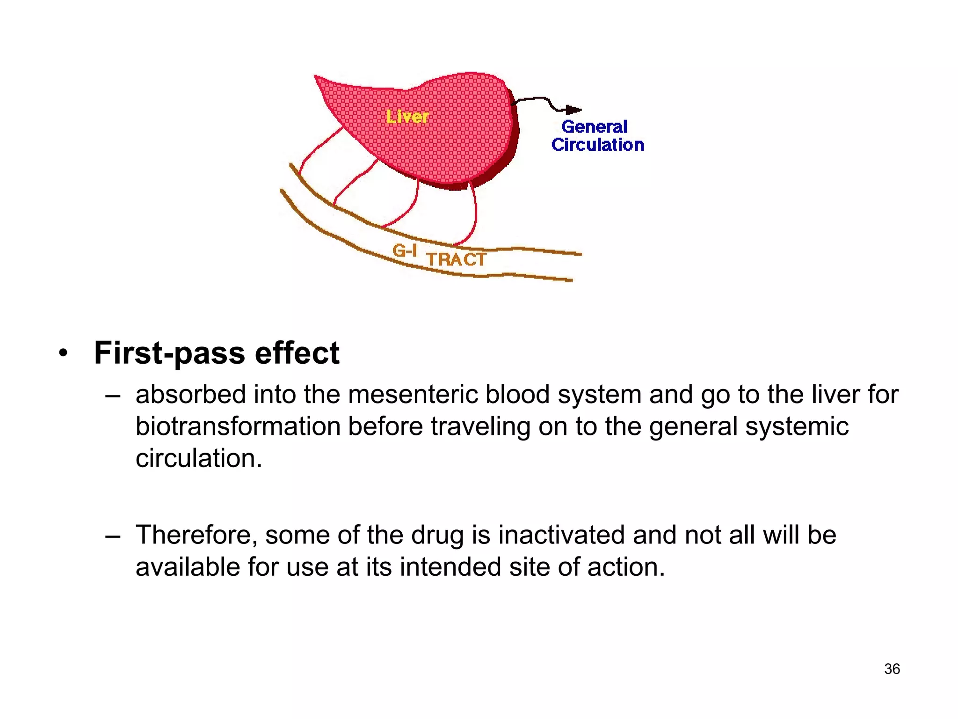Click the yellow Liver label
(x=407, y=117)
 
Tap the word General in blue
(x=594, y=127)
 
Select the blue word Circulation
(x=597, y=145)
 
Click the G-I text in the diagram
(x=405, y=251)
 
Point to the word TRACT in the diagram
(x=456, y=259)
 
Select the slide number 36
(x=892, y=669)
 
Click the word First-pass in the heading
(x=169, y=353)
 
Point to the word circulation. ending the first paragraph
(x=199, y=458)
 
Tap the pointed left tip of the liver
(x=316, y=77)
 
